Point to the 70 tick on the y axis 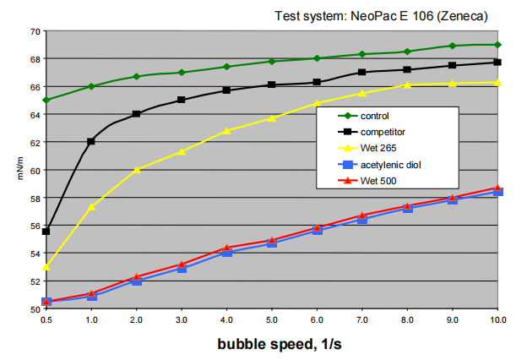(35, 31)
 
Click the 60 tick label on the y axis (35, 170)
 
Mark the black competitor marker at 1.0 (91, 141)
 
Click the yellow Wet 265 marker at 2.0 (136, 170)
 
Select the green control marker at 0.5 (46, 100)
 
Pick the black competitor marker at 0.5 (46, 232)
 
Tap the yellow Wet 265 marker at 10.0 (497, 82)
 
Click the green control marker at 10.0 (497, 45)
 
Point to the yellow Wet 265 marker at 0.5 (46, 266)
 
